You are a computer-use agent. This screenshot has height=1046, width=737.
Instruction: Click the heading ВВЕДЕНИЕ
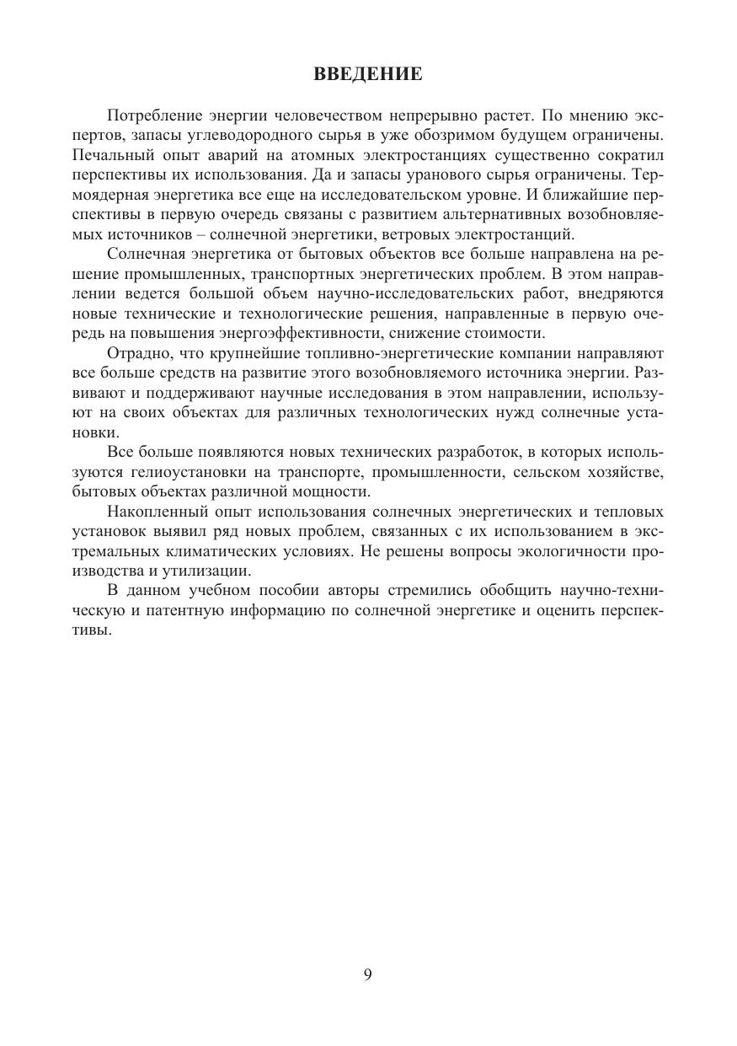(368, 75)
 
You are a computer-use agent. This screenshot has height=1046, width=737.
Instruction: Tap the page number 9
(368, 974)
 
